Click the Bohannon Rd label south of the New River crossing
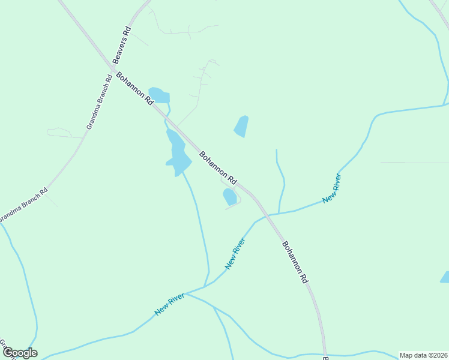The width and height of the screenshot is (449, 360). (x=295, y=262)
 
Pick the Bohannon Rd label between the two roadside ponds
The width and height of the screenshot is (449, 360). (x=218, y=167)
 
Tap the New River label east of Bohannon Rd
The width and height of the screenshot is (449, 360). (x=332, y=188)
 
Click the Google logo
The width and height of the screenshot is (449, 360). (x=20, y=353)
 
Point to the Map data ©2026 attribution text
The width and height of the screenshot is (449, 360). (x=423, y=355)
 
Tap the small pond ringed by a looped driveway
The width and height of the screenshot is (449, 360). (x=229, y=197)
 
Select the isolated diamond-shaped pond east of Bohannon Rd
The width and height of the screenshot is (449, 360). (x=241, y=126)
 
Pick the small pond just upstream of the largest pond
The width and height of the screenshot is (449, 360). (x=160, y=95)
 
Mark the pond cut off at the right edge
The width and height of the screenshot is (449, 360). (x=445, y=277)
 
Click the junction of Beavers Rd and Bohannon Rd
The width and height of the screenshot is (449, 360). (x=112, y=64)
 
